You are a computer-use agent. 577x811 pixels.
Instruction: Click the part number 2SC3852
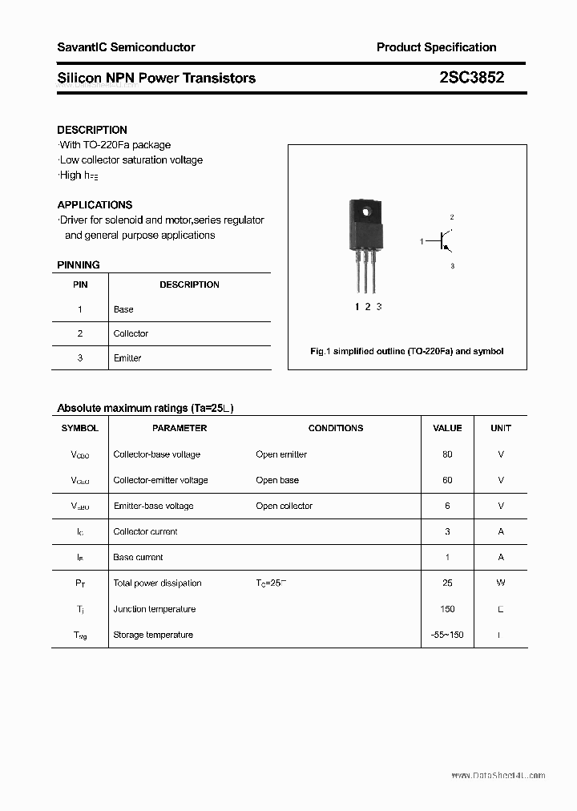click(472, 78)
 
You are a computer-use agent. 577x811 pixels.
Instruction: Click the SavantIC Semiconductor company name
click(126, 47)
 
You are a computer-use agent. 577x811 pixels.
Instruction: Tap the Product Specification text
click(436, 47)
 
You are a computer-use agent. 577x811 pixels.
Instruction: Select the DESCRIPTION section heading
click(92, 130)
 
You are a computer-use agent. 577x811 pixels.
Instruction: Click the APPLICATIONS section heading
click(95, 205)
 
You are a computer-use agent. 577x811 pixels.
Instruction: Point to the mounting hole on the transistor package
click(367, 212)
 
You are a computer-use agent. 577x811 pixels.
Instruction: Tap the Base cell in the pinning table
click(123, 309)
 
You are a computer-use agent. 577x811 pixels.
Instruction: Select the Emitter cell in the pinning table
click(127, 358)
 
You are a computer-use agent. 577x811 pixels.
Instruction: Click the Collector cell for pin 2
click(131, 333)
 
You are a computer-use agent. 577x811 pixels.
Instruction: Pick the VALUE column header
click(447, 428)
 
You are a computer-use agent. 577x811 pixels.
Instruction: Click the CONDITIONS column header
click(336, 428)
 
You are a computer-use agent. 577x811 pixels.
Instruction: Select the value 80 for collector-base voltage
click(447, 454)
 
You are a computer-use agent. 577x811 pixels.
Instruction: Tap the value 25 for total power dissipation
click(447, 583)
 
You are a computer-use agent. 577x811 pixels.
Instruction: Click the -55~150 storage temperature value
click(447, 635)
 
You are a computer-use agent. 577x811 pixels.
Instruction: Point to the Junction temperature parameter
click(154, 609)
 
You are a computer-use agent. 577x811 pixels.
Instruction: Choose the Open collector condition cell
click(284, 506)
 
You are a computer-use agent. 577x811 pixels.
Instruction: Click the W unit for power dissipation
click(501, 583)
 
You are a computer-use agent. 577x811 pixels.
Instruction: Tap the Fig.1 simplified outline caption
click(407, 352)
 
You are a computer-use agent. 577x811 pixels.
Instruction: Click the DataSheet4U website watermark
click(498, 775)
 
